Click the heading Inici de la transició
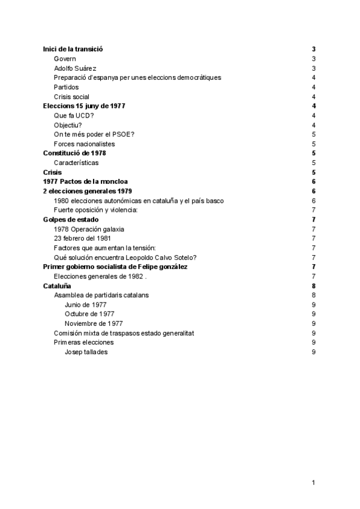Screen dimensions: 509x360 pos(77,49)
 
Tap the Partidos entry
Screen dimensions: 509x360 pos(66,87)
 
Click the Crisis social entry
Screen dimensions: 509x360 pos(71,97)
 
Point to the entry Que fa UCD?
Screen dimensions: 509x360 pos(73,115)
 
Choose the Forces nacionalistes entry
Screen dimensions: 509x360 pos(84,143)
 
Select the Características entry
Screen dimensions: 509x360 pos(76,163)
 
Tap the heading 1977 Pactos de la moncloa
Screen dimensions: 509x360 pos(86,181)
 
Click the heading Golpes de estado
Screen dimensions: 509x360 pos(71,219)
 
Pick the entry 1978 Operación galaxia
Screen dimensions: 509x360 pos(89,229)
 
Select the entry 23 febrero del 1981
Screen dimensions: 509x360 pos(82,238)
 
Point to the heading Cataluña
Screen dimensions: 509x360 pos(58,286)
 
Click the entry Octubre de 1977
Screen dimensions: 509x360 pos(89,314)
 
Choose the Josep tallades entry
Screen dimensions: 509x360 pos(86,352)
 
